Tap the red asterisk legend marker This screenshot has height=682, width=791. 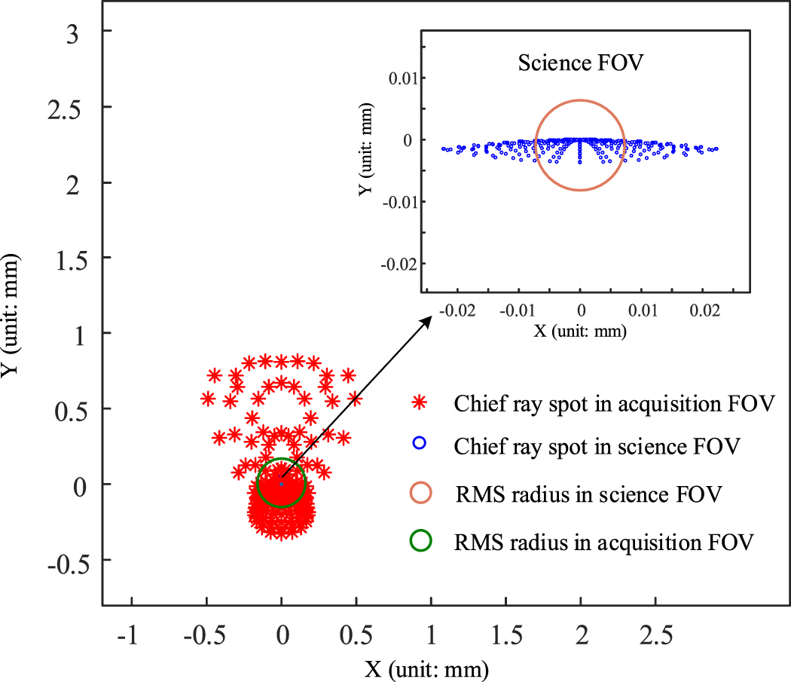pos(420,404)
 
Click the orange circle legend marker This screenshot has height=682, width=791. pos(420,494)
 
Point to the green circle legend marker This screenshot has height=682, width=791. pos(420,540)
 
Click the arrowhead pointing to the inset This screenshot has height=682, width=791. pos(426,321)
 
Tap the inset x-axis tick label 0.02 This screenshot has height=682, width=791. pos(705,310)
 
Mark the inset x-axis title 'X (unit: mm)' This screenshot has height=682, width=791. pos(581,330)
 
